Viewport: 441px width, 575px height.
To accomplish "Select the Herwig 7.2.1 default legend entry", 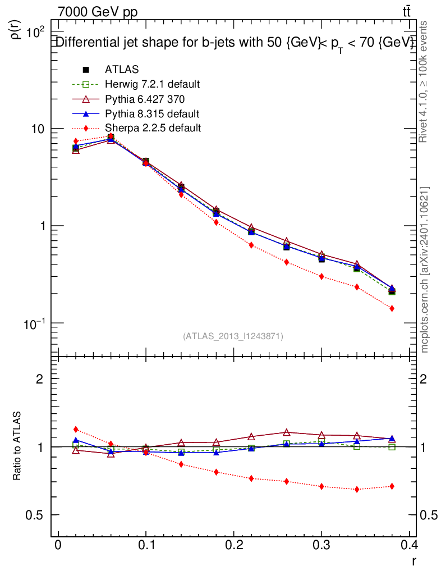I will click(152, 84).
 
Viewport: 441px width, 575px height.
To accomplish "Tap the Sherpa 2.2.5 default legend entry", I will click(153, 128).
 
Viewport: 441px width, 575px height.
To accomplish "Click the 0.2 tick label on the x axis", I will click(234, 545).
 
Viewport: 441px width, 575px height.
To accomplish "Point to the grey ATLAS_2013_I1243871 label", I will click(233, 336).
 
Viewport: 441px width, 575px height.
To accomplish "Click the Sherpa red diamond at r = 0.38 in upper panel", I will click(392, 308).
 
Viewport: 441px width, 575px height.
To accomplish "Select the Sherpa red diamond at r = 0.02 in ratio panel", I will click(76, 430).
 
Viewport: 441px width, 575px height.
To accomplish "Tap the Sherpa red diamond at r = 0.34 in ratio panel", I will click(357, 490).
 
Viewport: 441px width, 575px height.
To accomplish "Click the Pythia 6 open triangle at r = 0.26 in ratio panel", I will click(287, 432).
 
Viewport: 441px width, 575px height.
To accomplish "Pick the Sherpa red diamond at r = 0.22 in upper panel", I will click(251, 245).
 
